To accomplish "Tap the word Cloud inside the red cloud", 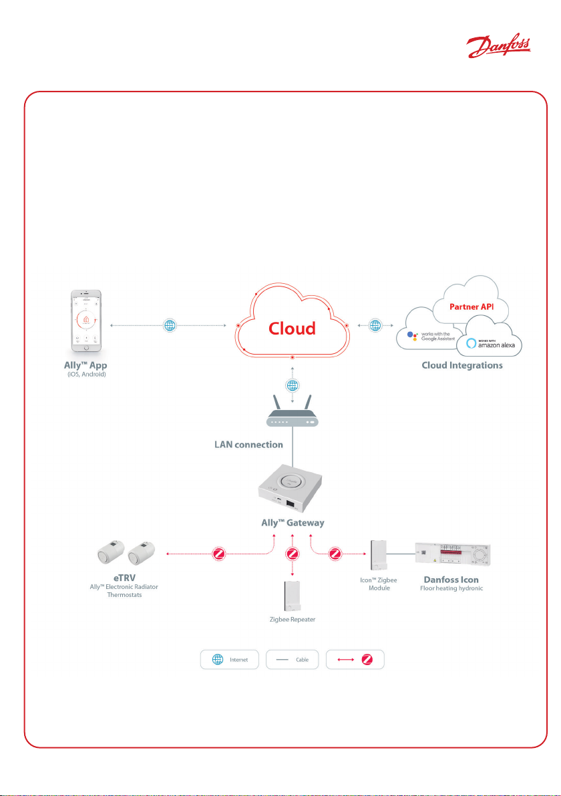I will tap(292, 329).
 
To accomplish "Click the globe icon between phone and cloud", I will tap(171, 327).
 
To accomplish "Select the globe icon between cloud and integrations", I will tap(375, 326).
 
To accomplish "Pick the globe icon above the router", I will tap(292, 385).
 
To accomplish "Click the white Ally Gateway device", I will tap(292, 490).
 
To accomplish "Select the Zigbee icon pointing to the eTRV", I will tap(218, 553).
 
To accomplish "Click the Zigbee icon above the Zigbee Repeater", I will tap(292, 554).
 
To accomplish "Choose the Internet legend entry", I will tap(229, 658).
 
